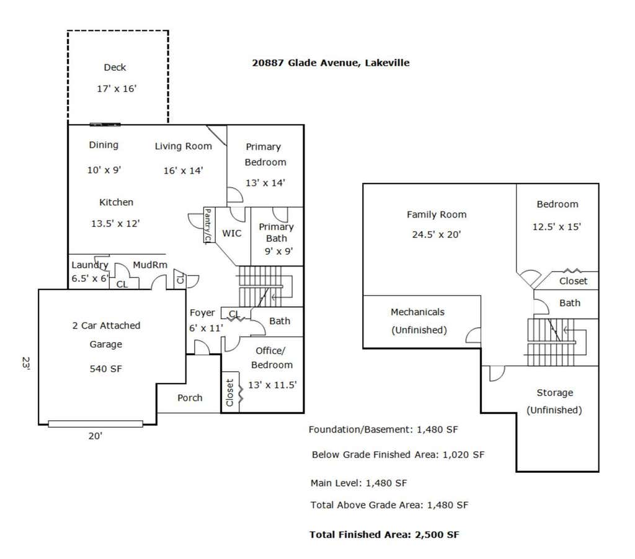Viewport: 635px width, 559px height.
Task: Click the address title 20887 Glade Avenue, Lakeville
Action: coord(331,63)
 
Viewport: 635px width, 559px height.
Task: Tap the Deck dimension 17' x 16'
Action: coord(117,89)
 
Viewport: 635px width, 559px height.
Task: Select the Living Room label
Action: coord(184,146)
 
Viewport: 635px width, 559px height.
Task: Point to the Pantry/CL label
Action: coord(208,226)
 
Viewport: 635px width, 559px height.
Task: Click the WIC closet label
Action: coord(232,233)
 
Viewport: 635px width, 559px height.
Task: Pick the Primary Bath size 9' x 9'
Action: coord(278,252)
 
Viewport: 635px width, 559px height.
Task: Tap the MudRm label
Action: coord(150,265)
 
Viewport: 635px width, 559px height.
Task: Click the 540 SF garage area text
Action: coord(105,369)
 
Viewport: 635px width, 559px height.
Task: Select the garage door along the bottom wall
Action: coord(95,424)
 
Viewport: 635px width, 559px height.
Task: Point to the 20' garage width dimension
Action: coord(95,436)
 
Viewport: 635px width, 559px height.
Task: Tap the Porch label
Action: coord(190,398)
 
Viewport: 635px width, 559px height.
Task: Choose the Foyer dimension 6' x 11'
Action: coord(206,328)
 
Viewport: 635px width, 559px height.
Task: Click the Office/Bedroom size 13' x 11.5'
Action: coord(272,385)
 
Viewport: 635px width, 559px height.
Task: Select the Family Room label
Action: coord(437,214)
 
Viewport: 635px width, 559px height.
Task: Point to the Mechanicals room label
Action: coord(417,312)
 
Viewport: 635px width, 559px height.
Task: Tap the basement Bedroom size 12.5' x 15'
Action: coord(556,227)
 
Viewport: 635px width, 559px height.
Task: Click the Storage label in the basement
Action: coord(555,393)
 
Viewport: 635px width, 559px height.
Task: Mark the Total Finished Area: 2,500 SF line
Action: coord(384,535)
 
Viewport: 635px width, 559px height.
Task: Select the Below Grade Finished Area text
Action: coord(375,454)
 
